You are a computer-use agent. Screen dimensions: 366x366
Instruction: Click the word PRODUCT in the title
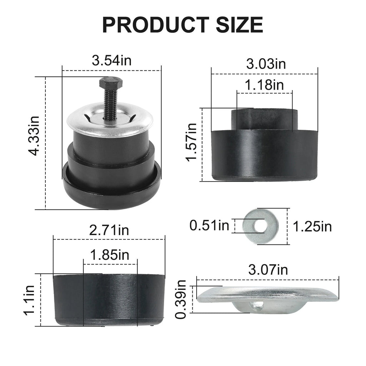(156, 25)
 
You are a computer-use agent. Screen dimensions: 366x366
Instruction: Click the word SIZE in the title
(239, 25)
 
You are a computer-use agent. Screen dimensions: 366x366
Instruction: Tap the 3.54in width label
(112, 60)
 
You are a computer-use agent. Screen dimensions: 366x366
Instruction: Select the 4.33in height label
(33, 135)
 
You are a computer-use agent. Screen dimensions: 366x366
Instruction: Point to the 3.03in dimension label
(266, 64)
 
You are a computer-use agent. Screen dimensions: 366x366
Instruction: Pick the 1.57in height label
(191, 142)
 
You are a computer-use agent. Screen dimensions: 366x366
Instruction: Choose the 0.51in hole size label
(209, 226)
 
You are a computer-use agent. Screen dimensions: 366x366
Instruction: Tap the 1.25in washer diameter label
(312, 226)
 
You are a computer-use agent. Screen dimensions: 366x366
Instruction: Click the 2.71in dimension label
(109, 230)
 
